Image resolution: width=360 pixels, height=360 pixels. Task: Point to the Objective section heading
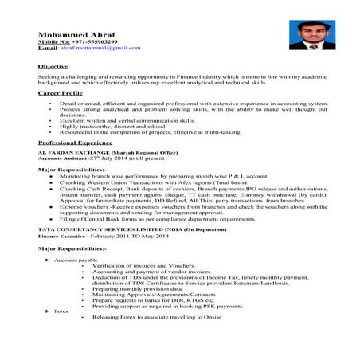53,66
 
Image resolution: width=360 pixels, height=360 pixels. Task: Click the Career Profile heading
61,92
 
